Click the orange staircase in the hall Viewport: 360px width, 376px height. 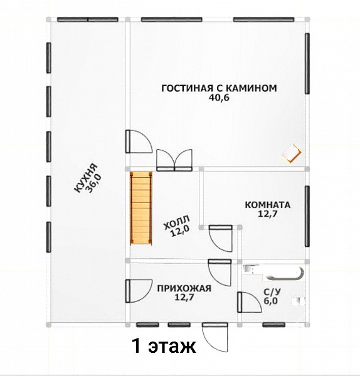pyautogui.click(x=141, y=208)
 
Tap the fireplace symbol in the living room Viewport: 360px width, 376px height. pyautogui.click(x=292, y=154)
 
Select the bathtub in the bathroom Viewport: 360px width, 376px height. pyautogui.click(x=283, y=273)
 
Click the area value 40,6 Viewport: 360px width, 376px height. pyautogui.click(x=220, y=98)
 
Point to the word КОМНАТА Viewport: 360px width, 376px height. pyautogui.click(x=268, y=205)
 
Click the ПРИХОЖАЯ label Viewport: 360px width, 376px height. pyautogui.click(x=184, y=288)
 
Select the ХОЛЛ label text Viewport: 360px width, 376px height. pyautogui.click(x=176, y=222)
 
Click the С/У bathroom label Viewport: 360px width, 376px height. pyautogui.click(x=272, y=292)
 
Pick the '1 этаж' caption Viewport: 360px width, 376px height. pyautogui.click(x=164, y=346)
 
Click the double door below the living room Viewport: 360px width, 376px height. pyautogui.click(x=174, y=160)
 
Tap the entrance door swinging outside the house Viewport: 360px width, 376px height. pyautogui.click(x=214, y=337)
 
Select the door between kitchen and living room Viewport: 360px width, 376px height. pyautogui.click(x=139, y=142)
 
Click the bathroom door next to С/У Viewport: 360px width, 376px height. pyautogui.click(x=249, y=302)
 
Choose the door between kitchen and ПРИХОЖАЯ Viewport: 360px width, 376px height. pyautogui.click(x=139, y=291)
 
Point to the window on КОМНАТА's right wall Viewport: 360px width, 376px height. pyautogui.click(x=307, y=216)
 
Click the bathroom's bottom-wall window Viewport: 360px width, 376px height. pyautogui.click(x=274, y=325)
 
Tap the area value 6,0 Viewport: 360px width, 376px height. pyautogui.click(x=271, y=301)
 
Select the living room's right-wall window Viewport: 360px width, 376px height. pyautogui.click(x=307, y=63)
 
